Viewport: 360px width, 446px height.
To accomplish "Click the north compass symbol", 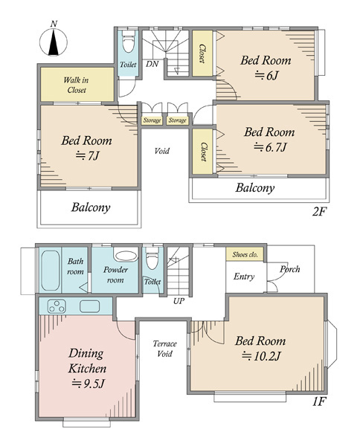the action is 54,41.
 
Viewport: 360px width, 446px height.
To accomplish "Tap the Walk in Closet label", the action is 77,85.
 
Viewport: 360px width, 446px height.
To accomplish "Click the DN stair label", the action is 152,64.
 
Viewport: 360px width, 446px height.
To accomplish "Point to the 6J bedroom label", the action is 266,68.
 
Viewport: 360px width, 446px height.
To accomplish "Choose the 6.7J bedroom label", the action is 269,140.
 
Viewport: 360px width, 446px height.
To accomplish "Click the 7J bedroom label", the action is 87,148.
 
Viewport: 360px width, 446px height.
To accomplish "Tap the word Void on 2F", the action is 161,151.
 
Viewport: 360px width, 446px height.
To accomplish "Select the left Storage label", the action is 152,120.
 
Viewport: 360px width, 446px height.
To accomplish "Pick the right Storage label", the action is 177,120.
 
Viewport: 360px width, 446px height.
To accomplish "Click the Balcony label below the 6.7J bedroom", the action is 255,188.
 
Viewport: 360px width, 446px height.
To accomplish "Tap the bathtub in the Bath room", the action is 51,271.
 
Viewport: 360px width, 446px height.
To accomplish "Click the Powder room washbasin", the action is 125,256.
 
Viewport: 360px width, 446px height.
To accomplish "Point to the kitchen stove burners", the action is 57,306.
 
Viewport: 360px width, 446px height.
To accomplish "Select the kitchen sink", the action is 90,306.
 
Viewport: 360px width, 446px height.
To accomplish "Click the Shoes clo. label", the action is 245,254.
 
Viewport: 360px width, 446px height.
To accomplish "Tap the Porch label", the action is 289,269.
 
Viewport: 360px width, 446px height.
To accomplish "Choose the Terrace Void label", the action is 165,349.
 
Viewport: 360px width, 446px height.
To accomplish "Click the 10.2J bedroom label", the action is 260,348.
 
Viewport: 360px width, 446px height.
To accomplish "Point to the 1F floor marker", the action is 319,401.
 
